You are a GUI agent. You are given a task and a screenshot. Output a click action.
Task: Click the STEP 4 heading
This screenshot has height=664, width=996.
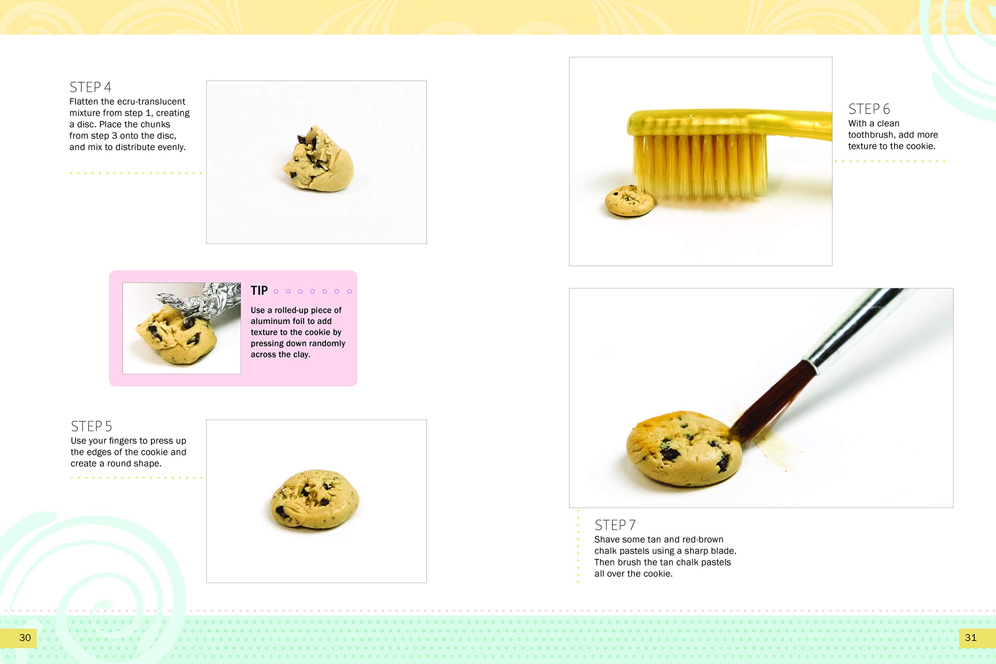(x=90, y=87)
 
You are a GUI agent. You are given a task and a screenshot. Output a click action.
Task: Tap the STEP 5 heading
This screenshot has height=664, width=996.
(x=91, y=426)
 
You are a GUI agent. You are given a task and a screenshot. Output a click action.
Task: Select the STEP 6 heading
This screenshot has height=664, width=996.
(x=869, y=109)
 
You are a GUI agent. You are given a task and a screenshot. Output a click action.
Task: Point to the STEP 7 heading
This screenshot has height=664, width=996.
(x=615, y=525)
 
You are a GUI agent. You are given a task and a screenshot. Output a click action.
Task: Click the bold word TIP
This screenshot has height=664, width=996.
(x=259, y=291)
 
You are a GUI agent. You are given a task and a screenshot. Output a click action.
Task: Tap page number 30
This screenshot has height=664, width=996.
(x=25, y=638)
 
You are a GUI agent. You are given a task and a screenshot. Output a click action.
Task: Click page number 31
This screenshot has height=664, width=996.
(x=970, y=638)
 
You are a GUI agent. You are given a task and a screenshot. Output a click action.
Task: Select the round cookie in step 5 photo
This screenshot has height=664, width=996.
(x=315, y=499)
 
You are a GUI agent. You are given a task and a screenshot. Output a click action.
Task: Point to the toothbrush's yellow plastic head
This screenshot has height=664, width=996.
(x=694, y=123)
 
